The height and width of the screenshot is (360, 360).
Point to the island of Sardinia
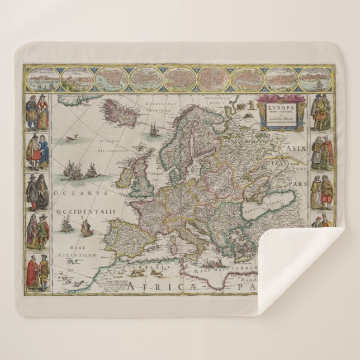(174, 241)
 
